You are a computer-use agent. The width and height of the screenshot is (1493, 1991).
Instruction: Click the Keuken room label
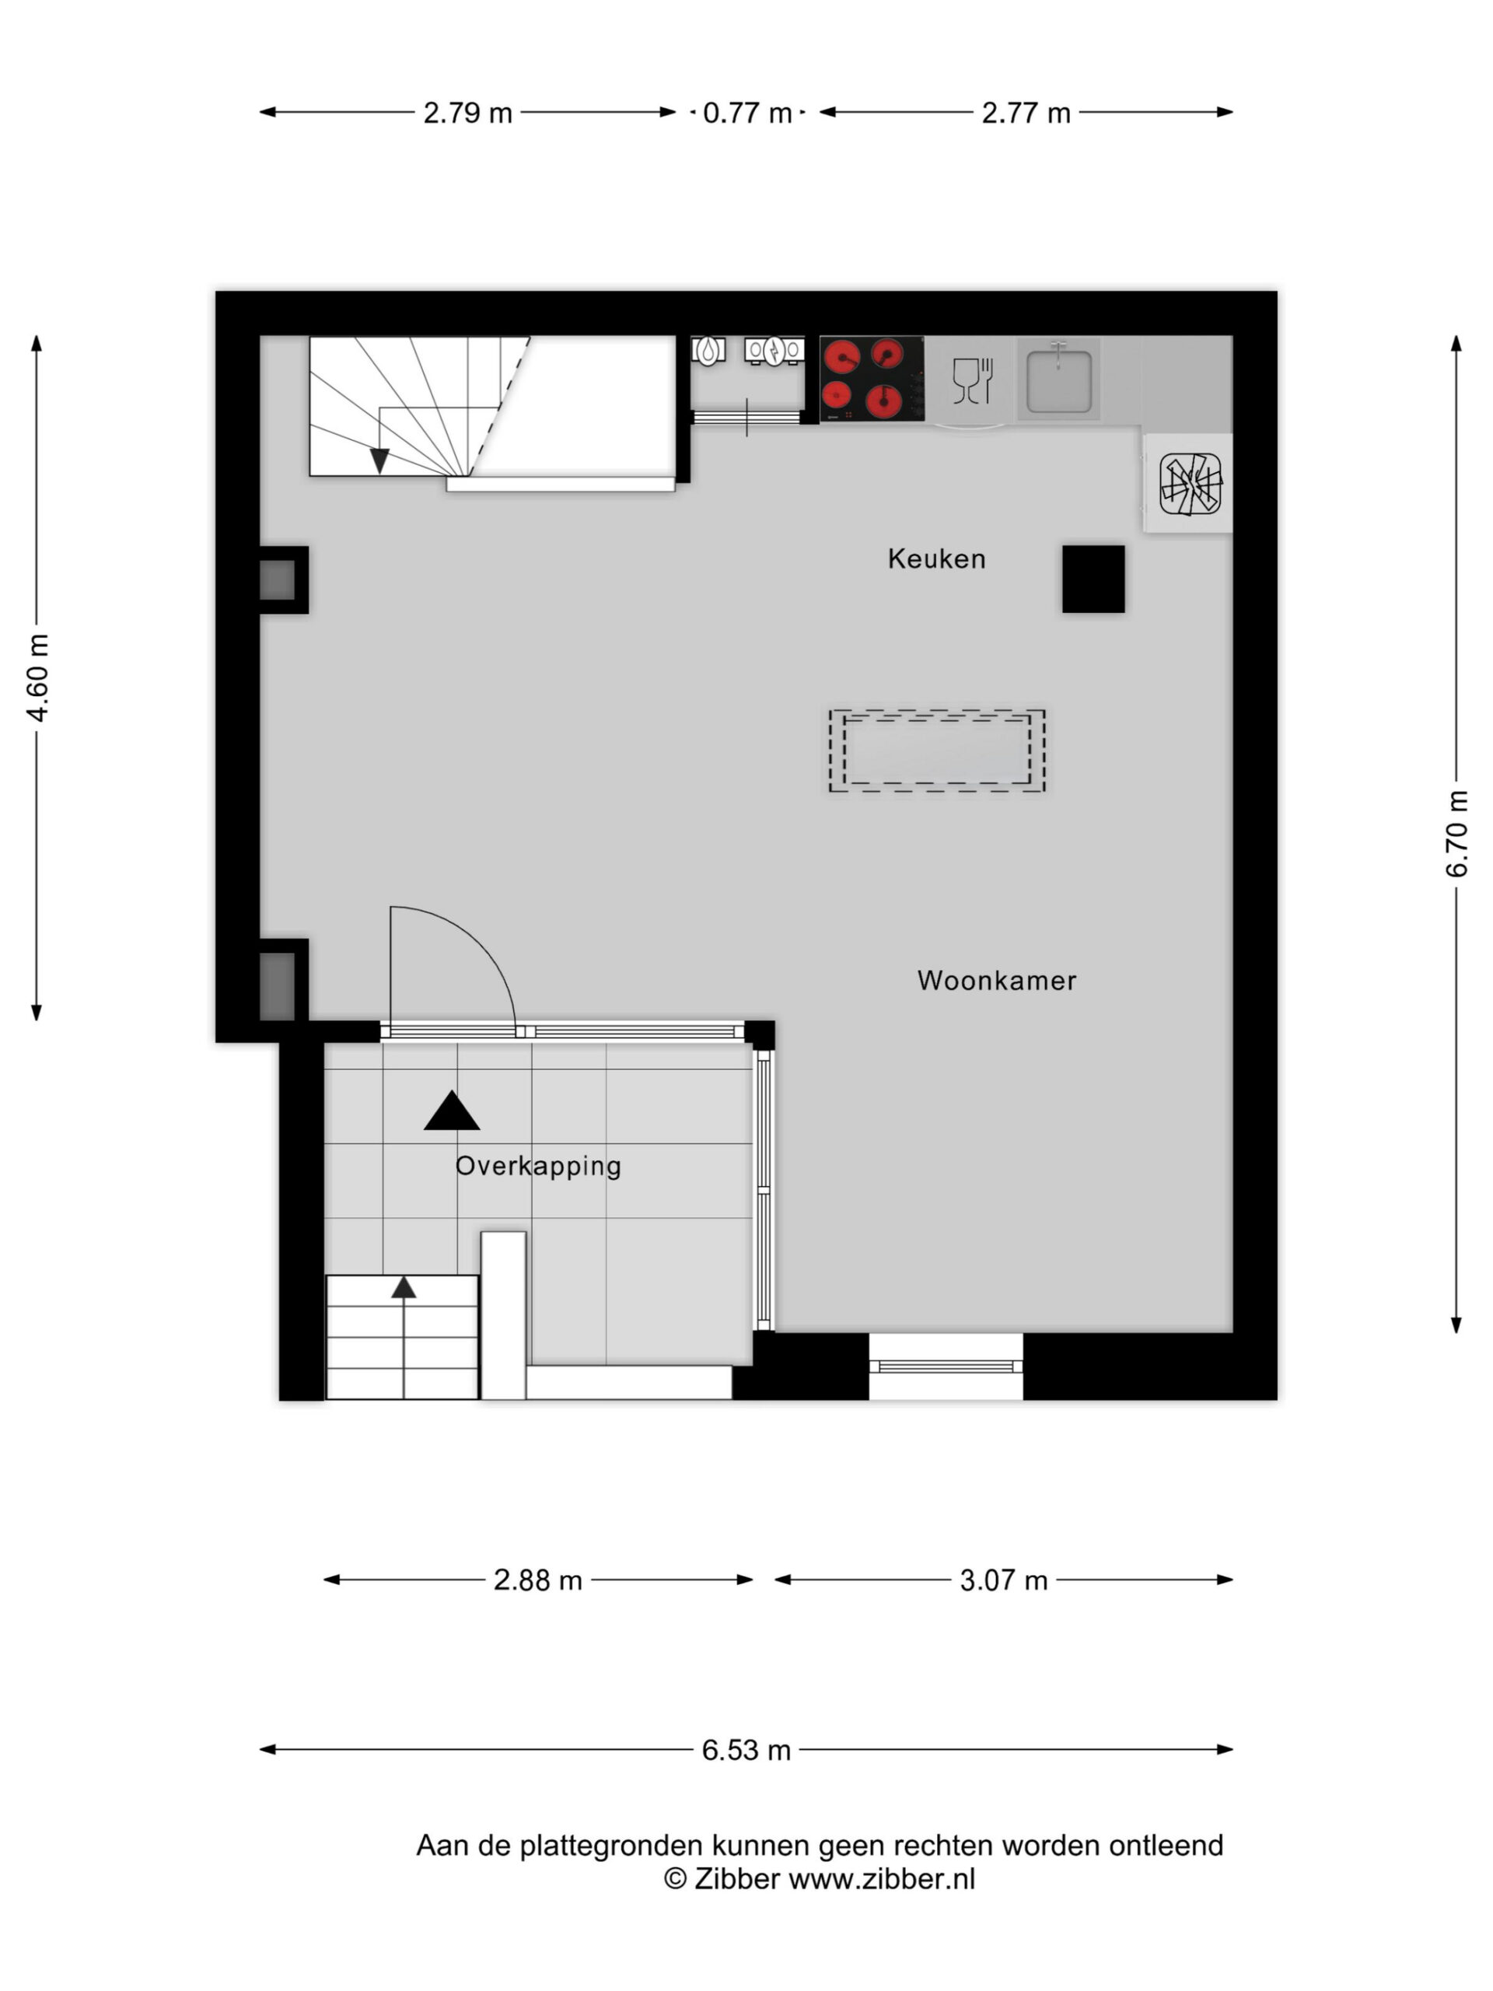936,559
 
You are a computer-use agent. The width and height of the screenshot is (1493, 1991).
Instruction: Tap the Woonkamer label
996,980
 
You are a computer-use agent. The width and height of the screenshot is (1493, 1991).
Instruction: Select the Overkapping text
538,1167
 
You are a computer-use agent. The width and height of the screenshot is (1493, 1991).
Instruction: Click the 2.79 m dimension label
468,114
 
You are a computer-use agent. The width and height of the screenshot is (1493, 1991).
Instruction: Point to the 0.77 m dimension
747,114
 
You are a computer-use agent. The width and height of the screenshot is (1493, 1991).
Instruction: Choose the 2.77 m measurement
1026,114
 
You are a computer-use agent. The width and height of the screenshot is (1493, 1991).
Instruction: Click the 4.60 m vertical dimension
38,677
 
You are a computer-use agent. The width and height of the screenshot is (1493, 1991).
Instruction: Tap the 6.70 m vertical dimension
1457,834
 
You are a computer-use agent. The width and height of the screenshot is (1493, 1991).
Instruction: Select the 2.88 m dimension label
538,1580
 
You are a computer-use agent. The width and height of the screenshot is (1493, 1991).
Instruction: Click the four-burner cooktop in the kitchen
871,379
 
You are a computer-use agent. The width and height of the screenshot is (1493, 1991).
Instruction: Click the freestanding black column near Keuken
1093,579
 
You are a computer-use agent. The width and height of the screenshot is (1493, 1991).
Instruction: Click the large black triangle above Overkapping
452,1111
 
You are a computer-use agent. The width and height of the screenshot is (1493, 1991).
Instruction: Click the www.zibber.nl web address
882,1878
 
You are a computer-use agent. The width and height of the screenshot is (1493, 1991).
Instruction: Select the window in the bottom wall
946,1366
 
